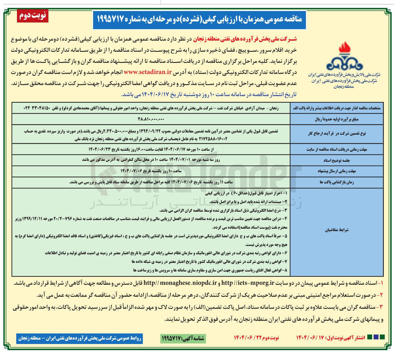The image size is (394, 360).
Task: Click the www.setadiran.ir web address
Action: pos(148,72)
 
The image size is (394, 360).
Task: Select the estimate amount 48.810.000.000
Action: pos(151,119)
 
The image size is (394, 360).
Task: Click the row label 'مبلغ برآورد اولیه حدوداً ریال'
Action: pos(336,119)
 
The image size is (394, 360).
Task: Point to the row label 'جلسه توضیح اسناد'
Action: pos(336,160)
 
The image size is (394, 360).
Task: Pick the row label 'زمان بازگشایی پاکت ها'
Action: pos(336,182)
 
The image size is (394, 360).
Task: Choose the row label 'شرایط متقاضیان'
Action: pos(336,230)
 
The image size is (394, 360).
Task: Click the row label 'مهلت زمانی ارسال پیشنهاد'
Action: pos(336,171)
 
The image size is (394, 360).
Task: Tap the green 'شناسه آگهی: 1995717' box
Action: pos(183,338)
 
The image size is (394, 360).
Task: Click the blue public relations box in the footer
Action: pos(80,338)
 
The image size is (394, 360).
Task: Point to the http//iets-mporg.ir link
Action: pos(248,283)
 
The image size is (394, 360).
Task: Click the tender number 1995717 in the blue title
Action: pos(113,19)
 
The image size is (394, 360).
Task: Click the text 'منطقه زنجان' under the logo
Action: pos(344,87)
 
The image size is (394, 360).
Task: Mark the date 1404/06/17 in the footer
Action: pos(310,338)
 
